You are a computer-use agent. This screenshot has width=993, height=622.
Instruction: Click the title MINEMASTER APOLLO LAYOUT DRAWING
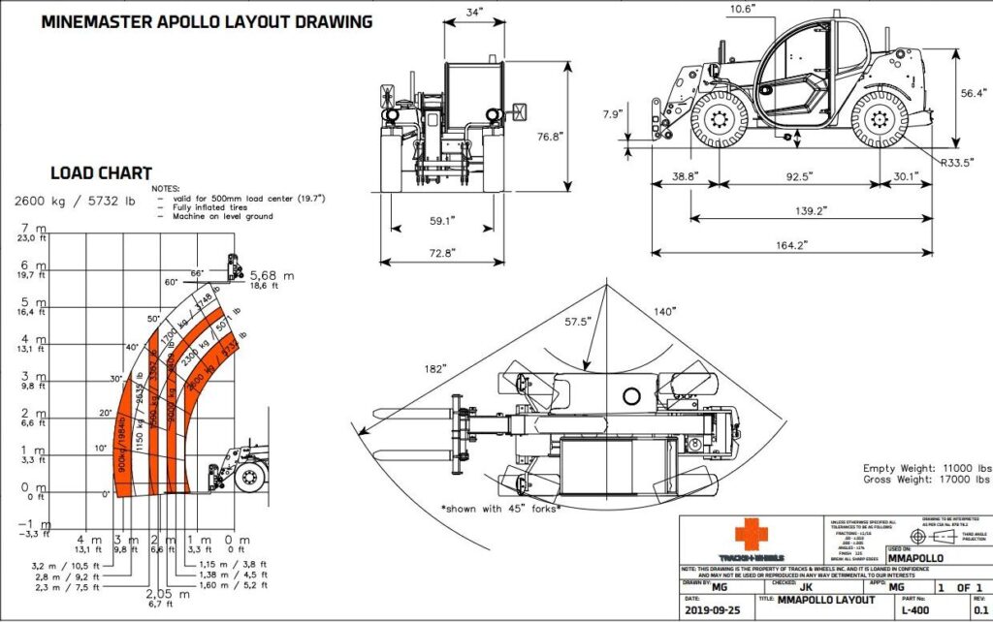click(207, 21)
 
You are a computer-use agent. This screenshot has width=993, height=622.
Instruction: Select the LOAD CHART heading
click(101, 173)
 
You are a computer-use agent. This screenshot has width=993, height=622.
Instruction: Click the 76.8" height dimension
click(551, 137)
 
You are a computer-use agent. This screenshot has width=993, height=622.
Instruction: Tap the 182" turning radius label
click(433, 369)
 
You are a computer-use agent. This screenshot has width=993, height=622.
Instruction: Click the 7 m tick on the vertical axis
click(34, 228)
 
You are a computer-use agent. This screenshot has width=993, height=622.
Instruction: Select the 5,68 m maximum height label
click(270, 274)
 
